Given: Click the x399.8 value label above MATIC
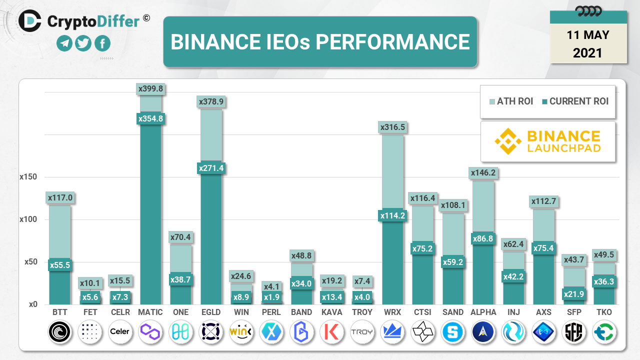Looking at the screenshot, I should [150, 89].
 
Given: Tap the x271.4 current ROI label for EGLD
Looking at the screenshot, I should [211, 168].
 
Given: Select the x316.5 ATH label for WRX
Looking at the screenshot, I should [392, 127].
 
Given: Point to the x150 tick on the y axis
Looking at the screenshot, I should [28, 177].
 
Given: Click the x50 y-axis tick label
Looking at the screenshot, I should [31, 262].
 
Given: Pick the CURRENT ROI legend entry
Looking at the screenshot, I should [575, 101].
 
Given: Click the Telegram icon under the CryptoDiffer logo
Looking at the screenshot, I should [64, 44].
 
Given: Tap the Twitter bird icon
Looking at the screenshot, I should [83, 44].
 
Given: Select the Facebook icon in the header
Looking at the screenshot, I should [102, 44].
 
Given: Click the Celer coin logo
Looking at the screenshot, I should [120, 331].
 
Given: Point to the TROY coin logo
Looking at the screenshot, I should [362, 331].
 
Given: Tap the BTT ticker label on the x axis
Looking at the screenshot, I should [59, 312].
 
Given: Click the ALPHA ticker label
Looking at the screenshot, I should [483, 312].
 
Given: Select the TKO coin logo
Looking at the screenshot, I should [604, 331].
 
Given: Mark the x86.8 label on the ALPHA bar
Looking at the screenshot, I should [483, 239].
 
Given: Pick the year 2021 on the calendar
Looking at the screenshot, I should [588, 52].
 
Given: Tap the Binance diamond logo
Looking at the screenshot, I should [508, 141].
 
